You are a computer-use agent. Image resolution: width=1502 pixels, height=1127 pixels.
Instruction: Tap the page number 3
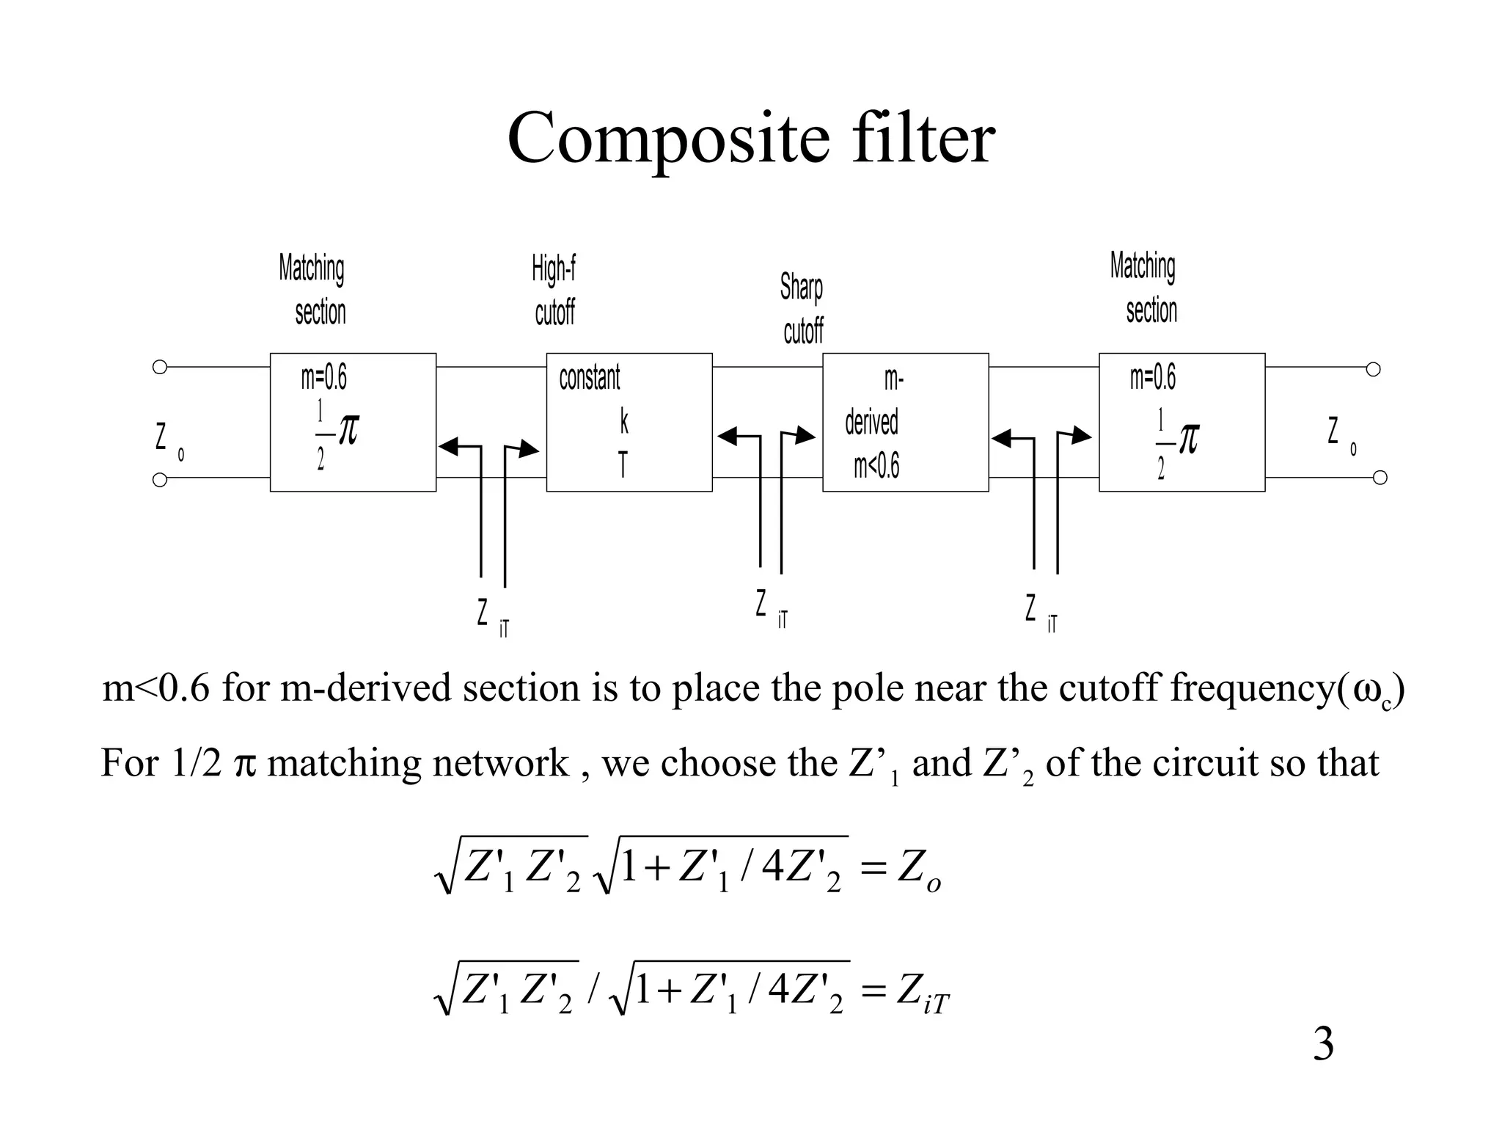pyautogui.click(x=1322, y=1044)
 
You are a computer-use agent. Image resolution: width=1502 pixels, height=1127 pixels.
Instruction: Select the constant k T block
pyautogui.click(x=629, y=422)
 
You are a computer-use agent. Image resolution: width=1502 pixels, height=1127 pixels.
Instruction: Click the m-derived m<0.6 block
pyautogui.click(x=905, y=422)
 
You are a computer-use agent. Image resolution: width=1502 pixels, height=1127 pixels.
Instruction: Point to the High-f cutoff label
pyautogui.click(x=554, y=291)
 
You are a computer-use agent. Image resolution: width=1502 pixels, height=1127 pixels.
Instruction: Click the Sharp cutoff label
pyautogui.click(x=802, y=309)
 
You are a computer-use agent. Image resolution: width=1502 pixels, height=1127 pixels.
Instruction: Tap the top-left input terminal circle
pyautogui.click(x=159, y=367)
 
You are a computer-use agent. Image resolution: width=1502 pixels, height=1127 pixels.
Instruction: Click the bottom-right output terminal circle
pyautogui.click(x=1380, y=478)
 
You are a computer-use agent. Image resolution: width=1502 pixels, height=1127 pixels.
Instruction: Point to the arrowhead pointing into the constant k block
pyautogui.click(x=528, y=449)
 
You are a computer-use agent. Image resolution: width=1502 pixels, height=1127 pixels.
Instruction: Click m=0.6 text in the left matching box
pyautogui.click(x=323, y=378)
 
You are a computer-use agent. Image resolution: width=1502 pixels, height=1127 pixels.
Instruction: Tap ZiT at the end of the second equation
pyautogui.click(x=923, y=994)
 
